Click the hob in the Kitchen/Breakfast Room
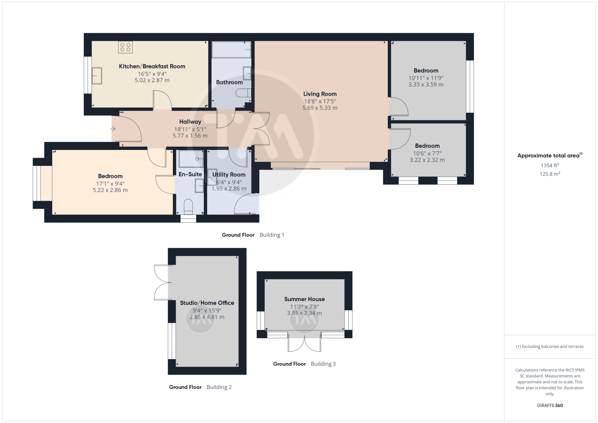125,47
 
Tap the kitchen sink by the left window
97,76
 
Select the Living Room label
320,94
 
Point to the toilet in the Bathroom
243,93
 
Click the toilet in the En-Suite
188,206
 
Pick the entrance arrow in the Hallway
112,129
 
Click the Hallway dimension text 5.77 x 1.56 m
190,136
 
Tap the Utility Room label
229,175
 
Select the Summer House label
304,299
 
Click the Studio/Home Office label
207,303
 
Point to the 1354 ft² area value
550,166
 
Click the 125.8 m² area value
550,174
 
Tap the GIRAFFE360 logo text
550,405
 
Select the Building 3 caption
323,364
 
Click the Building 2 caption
219,387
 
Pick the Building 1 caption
272,235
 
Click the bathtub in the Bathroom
231,49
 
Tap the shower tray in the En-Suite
191,159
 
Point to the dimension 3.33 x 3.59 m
426,84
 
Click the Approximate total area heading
550,155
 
